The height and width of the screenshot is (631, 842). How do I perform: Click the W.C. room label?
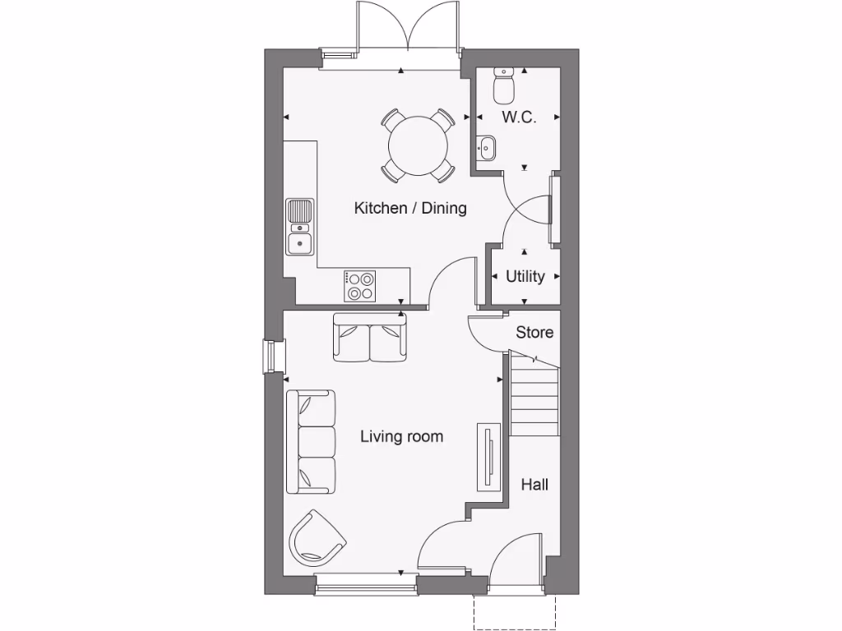519,117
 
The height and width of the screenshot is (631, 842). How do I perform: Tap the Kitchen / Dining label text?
410,208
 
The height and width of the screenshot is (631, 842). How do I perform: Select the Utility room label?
525,276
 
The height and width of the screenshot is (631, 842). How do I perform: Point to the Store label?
534,333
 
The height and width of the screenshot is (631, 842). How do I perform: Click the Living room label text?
401,436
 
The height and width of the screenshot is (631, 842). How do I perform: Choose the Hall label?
534,485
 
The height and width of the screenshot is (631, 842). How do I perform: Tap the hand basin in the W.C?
486,149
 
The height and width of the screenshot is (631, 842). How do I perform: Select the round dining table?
419,145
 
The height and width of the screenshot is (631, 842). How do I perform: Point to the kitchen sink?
300,227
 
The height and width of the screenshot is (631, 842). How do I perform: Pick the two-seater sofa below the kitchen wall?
370,339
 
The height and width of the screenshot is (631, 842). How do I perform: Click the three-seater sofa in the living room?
311,442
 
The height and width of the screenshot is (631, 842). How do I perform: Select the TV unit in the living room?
488,457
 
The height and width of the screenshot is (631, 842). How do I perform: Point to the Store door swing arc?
484,332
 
